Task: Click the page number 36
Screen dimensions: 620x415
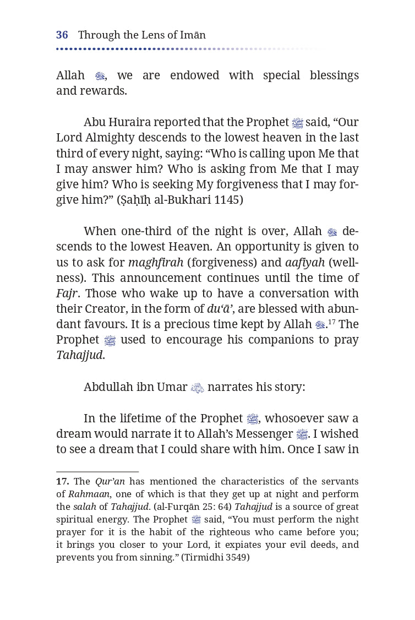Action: tap(62, 35)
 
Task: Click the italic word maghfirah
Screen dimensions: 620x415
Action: tap(156, 262)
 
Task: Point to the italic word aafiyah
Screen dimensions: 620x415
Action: tap(305, 262)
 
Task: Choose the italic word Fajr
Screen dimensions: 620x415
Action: tap(67, 293)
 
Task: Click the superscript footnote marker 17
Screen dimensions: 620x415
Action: tap(332, 321)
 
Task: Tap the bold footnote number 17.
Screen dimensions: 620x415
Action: tap(62, 481)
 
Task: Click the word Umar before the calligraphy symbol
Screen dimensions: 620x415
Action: tap(173, 387)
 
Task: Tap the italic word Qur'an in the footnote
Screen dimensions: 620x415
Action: tap(110, 481)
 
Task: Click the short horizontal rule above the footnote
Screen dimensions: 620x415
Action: tap(97, 472)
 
